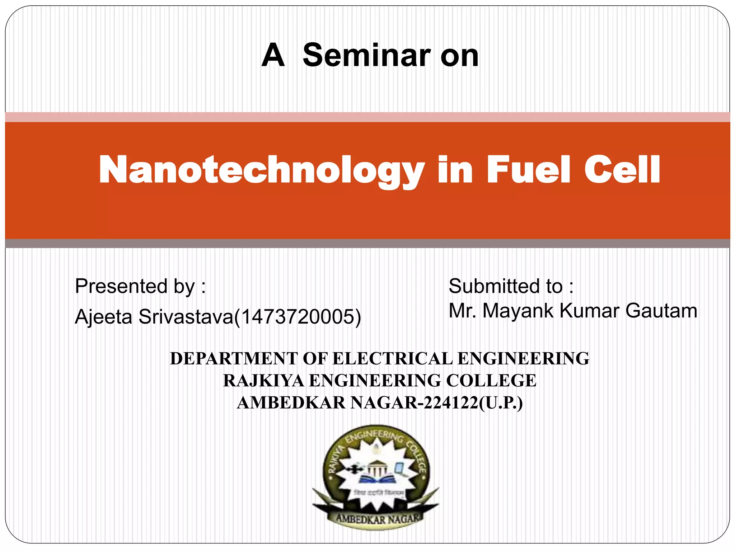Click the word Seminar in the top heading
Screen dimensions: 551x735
(x=366, y=56)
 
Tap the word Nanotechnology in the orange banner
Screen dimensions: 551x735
(x=262, y=170)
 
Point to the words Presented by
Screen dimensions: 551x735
(x=140, y=287)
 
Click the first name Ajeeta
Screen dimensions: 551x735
(x=103, y=317)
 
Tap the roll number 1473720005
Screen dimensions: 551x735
(x=297, y=317)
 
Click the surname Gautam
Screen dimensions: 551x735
(x=661, y=311)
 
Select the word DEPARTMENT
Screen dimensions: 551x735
(x=234, y=359)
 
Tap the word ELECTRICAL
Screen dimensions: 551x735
(x=393, y=359)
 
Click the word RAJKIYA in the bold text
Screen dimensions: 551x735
(x=263, y=381)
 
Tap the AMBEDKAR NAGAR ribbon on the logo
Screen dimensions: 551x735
(x=377, y=518)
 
